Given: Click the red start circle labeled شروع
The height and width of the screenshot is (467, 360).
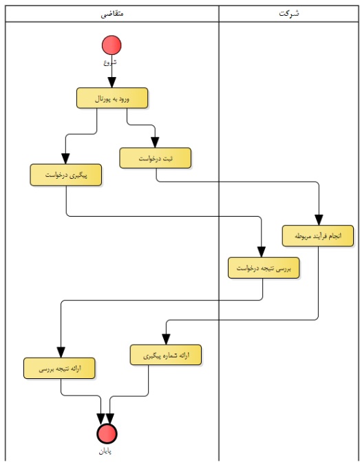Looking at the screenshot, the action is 112,45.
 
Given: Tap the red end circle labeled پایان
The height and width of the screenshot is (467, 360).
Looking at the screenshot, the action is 107,433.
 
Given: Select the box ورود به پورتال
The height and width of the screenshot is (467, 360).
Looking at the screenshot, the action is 112,98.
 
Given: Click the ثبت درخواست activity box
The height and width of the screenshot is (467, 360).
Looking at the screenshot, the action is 156,158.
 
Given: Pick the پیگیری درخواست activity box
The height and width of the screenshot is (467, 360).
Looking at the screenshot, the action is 66,175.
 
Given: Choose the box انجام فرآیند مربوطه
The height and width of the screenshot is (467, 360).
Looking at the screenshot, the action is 318,236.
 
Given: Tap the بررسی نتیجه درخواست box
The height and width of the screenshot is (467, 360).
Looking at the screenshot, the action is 264,268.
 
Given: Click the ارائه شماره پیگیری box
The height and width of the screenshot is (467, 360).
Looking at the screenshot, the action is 166,355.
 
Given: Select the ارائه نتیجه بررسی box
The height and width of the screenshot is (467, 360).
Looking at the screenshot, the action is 59,369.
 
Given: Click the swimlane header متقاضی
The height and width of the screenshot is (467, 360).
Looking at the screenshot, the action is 112,14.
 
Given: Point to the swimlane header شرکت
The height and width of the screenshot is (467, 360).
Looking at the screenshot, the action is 289,14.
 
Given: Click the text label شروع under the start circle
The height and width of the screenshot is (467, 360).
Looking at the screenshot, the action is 110,63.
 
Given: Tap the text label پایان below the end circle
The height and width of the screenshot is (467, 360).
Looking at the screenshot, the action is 105,451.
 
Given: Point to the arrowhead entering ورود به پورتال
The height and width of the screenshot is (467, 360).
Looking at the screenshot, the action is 112,83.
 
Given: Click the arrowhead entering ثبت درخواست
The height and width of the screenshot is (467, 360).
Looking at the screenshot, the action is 155,142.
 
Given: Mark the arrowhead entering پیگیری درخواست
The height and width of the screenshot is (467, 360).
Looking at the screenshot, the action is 65,159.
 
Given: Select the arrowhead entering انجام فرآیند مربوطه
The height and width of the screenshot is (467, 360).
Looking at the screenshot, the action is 319,220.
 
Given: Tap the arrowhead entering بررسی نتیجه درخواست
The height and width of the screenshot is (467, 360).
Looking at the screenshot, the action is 262,252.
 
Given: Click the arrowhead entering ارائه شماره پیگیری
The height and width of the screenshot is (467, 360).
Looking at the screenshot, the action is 166,340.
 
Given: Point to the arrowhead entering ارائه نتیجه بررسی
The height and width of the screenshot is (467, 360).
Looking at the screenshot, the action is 61,353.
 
